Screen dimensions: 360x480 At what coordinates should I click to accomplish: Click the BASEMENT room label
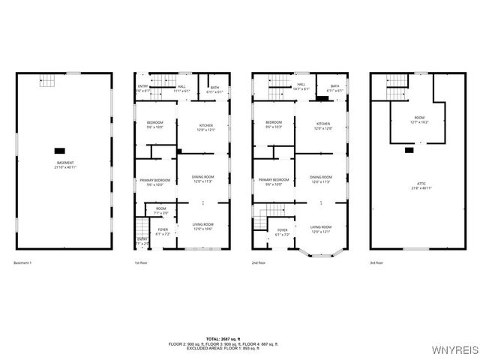point(64,165)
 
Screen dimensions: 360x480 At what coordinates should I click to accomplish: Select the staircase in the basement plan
point(48,81)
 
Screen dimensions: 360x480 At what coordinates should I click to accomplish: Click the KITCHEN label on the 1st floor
point(205,127)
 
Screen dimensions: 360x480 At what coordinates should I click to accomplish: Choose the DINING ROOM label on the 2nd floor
point(321,179)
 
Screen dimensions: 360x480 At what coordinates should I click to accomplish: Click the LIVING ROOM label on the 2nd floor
point(321,228)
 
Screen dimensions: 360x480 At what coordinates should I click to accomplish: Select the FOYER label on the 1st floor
point(163,232)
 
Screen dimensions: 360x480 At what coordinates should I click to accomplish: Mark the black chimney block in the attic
point(409,149)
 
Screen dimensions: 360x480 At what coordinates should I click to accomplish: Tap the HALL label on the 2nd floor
point(301,87)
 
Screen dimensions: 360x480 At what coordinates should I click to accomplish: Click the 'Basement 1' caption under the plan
point(23,263)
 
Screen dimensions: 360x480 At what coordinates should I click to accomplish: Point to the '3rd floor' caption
point(377,263)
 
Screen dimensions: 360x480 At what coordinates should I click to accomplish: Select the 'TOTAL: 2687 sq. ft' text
point(240,339)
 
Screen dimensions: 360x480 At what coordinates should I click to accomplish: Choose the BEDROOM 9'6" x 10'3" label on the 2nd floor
point(274,124)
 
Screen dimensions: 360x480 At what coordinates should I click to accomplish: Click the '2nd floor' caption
point(259,263)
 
